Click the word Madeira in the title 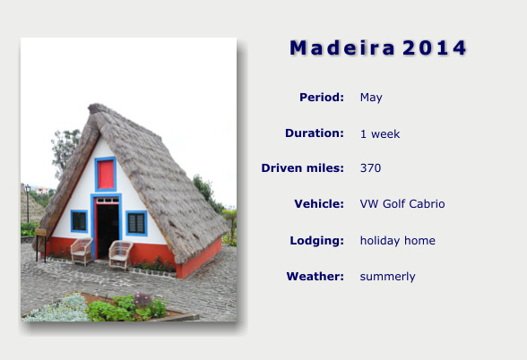click(x=342, y=47)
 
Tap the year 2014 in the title click(x=434, y=47)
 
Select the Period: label click(x=322, y=98)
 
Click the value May click(x=371, y=98)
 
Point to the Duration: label click(x=315, y=133)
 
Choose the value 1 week click(x=380, y=134)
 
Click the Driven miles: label click(x=303, y=168)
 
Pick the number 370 click(x=370, y=168)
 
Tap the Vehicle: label click(x=319, y=204)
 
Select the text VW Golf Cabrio click(x=402, y=204)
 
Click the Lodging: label click(x=317, y=240)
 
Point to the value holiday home click(x=398, y=240)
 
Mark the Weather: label click(x=315, y=277)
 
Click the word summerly click(x=387, y=277)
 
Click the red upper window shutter click(x=106, y=175)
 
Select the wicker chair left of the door click(x=82, y=251)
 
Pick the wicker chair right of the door click(x=120, y=254)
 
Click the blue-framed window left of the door click(x=79, y=221)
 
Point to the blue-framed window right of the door click(x=136, y=223)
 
